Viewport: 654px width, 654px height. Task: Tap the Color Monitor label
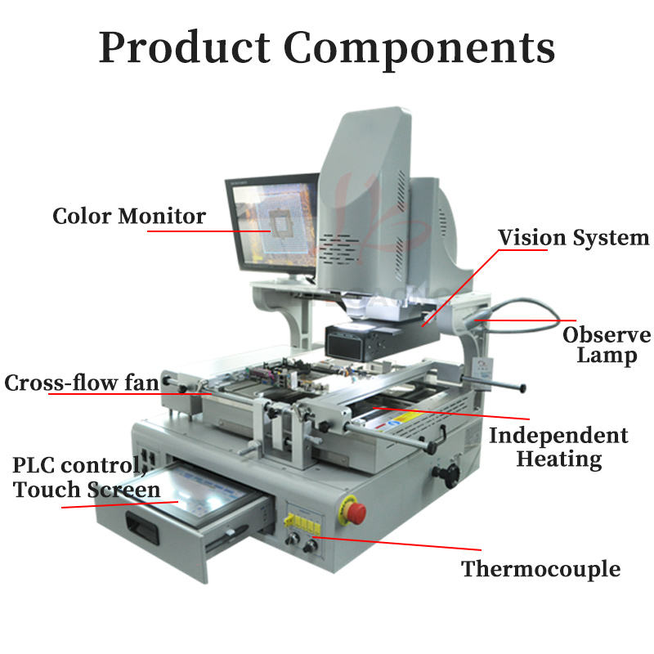[128, 217]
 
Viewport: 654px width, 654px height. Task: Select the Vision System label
[573, 238]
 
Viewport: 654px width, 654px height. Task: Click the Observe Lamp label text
[606, 345]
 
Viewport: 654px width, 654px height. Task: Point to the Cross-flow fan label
[82, 383]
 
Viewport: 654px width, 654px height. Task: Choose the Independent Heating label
[558, 446]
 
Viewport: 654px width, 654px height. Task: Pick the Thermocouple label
[540, 569]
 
